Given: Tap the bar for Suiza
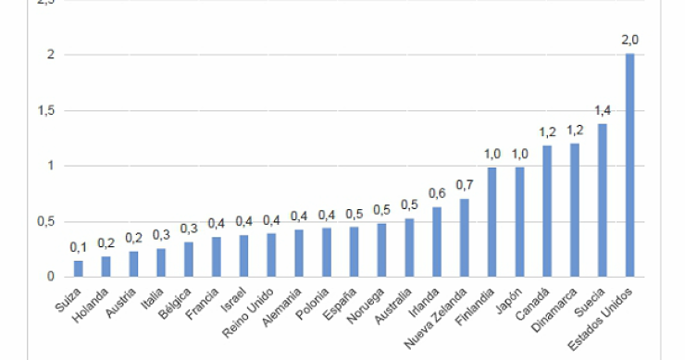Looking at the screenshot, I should pos(78,268).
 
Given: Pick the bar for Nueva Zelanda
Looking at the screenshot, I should pos(464,238).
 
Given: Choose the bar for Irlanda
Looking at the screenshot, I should pos(437,242).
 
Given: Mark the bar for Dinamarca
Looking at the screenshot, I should pos(575,210).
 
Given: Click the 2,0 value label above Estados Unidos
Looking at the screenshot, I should pos(630,40).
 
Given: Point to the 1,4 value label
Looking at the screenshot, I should pos(603,110).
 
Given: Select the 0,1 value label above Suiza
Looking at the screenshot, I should pos(78,247).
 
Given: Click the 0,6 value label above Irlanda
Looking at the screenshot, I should pos(437,192).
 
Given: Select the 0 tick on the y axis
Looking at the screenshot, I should pos(50,277).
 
